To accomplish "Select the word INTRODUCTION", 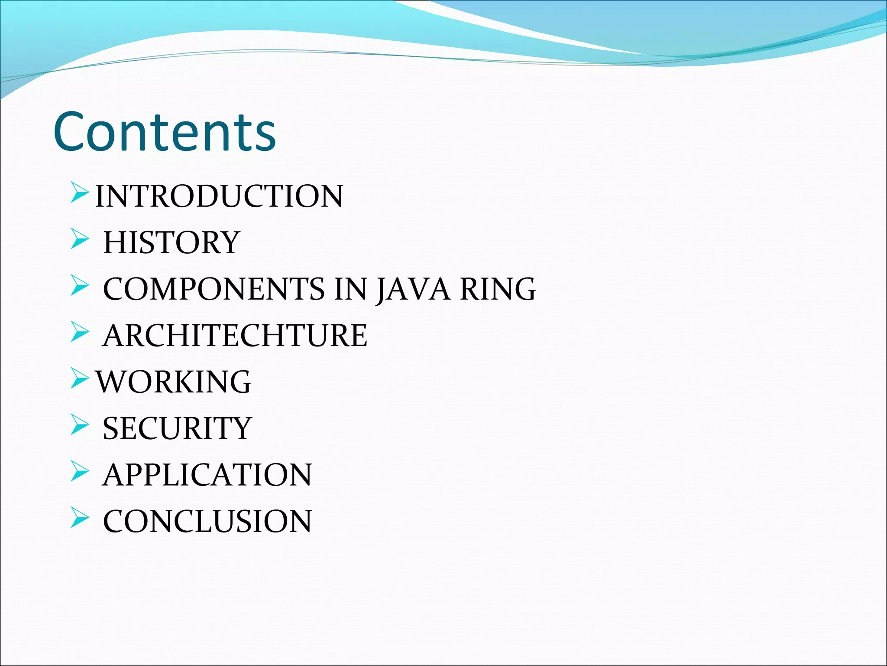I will (219, 196).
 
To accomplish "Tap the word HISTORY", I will (172, 242).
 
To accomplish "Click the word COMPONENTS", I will (214, 289).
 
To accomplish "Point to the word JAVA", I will (413, 289).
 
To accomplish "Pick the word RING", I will (498, 289).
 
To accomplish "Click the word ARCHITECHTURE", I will (235, 336).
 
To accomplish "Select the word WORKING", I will (173, 382).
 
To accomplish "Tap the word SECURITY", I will (177, 428).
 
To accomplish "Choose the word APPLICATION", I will (207, 475).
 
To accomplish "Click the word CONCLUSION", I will (207, 521).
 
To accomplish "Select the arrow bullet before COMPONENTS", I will (79, 286).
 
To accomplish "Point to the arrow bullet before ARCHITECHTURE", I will (79, 333).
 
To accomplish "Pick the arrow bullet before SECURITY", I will (79, 425).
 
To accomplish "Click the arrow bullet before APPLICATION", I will (79, 472).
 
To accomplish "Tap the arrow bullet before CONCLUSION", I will (79, 518).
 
